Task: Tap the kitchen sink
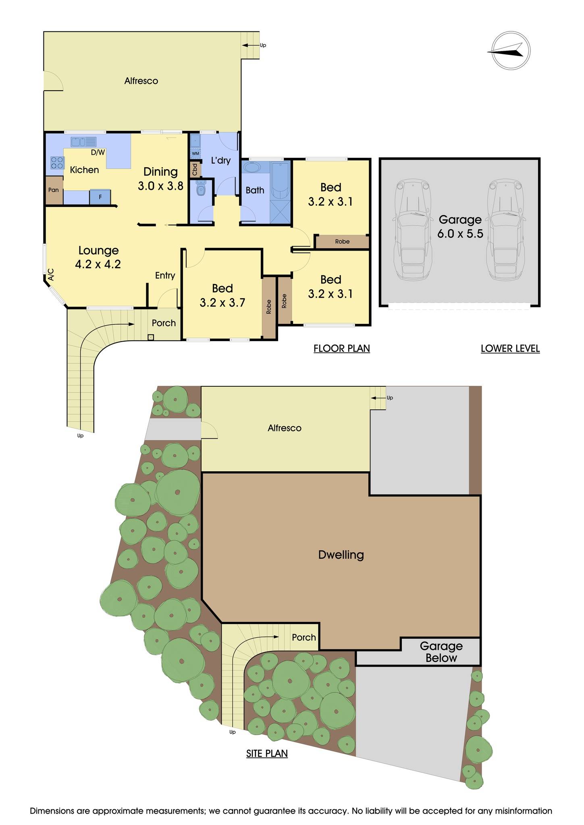tap(83, 142)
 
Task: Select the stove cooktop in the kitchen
tap(57, 162)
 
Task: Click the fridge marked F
tap(100, 197)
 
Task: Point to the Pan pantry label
tap(54, 190)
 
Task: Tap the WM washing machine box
tap(195, 153)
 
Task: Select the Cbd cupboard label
tap(195, 169)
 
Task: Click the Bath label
tap(255, 190)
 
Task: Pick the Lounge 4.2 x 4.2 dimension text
tap(98, 264)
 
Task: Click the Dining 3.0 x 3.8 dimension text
tap(160, 186)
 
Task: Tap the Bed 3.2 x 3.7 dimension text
tap(222, 303)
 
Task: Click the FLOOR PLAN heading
tap(342, 348)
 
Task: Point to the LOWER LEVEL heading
tap(510, 348)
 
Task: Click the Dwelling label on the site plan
tap(341, 555)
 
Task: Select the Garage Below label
tap(441, 652)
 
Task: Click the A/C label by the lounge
tap(51, 275)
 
